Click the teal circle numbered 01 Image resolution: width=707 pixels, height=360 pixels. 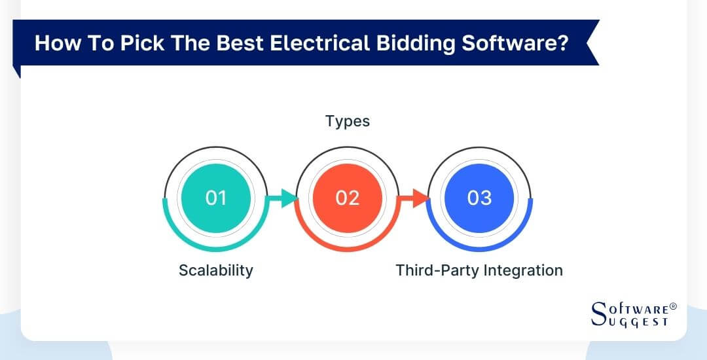[x=215, y=198]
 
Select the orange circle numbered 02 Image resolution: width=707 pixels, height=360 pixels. [x=348, y=198]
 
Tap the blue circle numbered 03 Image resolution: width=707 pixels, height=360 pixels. [x=479, y=198]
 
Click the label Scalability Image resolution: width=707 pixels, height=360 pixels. [x=215, y=270]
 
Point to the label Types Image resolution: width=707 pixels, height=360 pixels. [x=348, y=122]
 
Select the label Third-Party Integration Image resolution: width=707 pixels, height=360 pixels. [x=479, y=270]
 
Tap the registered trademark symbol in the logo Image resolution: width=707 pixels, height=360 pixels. [x=673, y=306]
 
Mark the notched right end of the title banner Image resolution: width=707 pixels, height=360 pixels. [x=592, y=44]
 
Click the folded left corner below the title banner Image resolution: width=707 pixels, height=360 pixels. [x=17, y=71]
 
